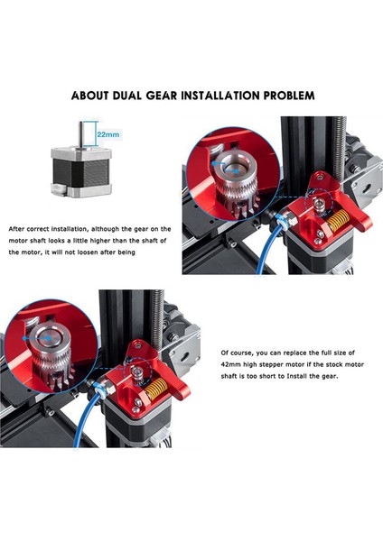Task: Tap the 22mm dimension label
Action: pos(107,134)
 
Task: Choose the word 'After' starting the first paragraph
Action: pos(17,228)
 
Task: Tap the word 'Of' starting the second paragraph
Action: pos(225,353)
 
